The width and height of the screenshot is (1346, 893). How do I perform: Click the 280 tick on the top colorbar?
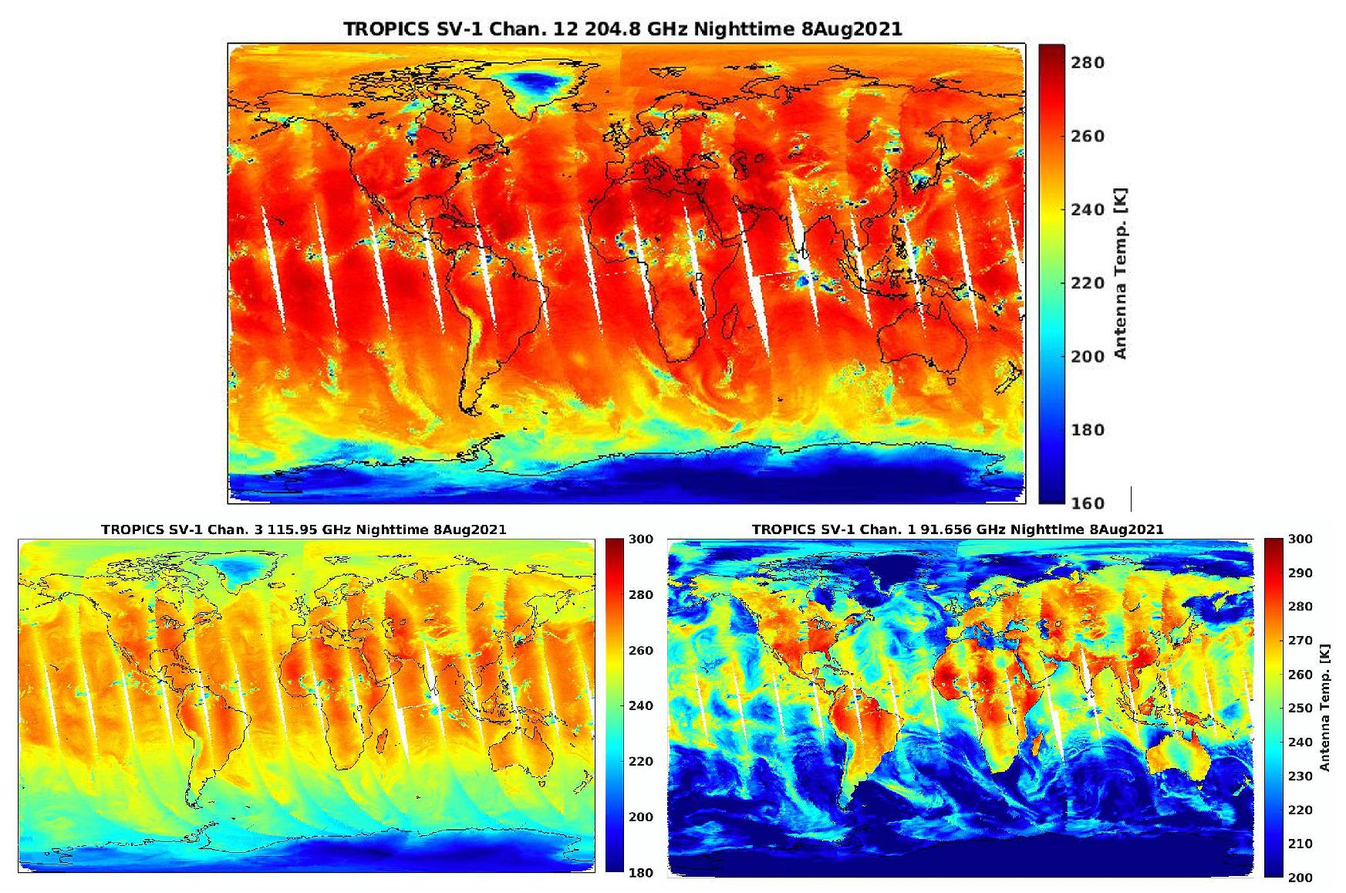(1088, 63)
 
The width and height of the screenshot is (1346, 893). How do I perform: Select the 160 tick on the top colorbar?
(1088, 503)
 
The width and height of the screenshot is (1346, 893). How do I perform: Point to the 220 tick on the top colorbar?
(1088, 283)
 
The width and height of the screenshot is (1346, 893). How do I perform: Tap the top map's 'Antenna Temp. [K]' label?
(1122, 272)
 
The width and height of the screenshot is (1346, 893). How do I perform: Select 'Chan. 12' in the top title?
(511, 29)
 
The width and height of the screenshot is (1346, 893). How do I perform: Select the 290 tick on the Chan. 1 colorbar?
(1300, 573)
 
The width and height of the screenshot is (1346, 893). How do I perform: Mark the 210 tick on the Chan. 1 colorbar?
(1300, 844)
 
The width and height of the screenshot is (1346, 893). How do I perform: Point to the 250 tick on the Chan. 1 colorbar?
(1300, 709)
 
